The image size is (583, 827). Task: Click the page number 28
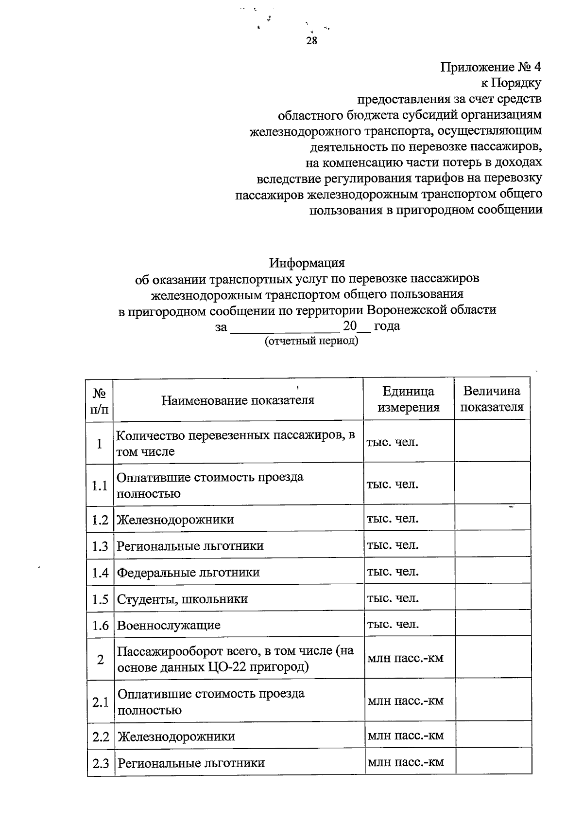click(x=311, y=41)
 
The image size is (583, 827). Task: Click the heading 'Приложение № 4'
click(x=490, y=67)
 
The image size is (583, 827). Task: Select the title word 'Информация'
click(x=307, y=263)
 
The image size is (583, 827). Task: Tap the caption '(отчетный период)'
click(x=311, y=341)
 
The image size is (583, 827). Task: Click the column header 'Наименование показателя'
click(x=238, y=400)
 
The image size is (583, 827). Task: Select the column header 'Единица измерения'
click(x=408, y=399)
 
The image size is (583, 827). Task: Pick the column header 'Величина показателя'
click(x=492, y=399)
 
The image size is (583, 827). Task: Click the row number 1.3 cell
click(x=100, y=546)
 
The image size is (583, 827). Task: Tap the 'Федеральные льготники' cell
click(x=189, y=573)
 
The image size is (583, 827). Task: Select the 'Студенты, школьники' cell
click(x=182, y=599)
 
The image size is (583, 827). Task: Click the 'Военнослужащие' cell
click(x=169, y=625)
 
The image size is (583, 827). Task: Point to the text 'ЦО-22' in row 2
click(x=227, y=666)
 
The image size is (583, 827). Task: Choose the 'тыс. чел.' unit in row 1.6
click(x=393, y=624)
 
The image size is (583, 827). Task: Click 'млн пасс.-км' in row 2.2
click(x=406, y=736)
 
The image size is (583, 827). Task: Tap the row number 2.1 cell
click(x=101, y=702)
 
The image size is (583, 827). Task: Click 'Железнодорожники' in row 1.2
click(x=175, y=520)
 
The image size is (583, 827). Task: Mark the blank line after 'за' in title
click(x=284, y=327)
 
